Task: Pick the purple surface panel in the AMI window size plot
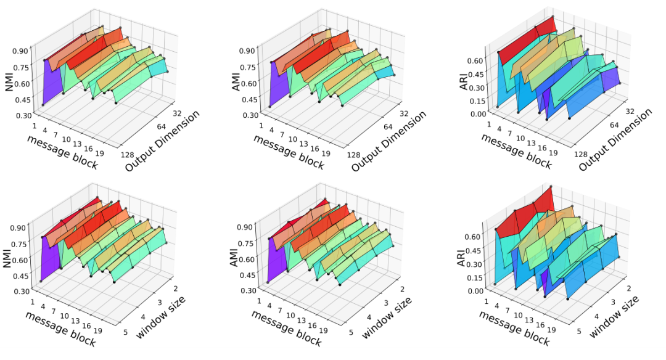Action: (279, 259)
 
